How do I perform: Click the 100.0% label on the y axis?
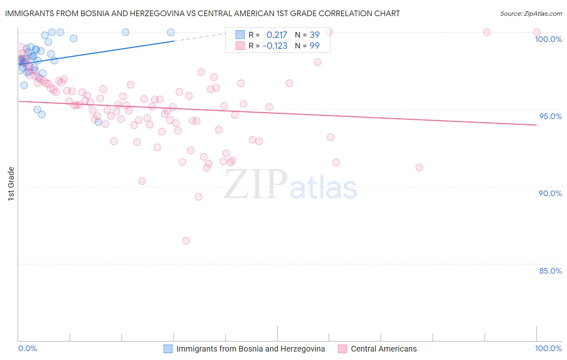click(548, 39)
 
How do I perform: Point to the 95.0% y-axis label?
click(550, 116)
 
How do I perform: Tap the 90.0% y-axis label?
click(550, 193)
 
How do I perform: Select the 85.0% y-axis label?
click(550, 271)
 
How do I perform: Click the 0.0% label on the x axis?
click(27, 348)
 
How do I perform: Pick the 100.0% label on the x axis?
click(548, 348)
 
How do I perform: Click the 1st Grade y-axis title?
click(11, 184)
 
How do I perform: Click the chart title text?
click(202, 13)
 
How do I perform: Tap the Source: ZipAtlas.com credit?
click(531, 14)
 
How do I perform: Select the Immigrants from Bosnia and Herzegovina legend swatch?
click(168, 349)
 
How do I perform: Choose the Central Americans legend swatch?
click(342, 349)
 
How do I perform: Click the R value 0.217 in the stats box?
click(277, 35)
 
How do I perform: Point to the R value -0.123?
click(275, 46)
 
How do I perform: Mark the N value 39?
click(315, 35)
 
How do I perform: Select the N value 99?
click(315, 46)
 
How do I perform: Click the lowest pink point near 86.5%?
click(186, 241)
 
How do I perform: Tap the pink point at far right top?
click(537, 32)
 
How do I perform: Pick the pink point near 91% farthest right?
click(419, 167)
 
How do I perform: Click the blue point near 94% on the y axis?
click(98, 122)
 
